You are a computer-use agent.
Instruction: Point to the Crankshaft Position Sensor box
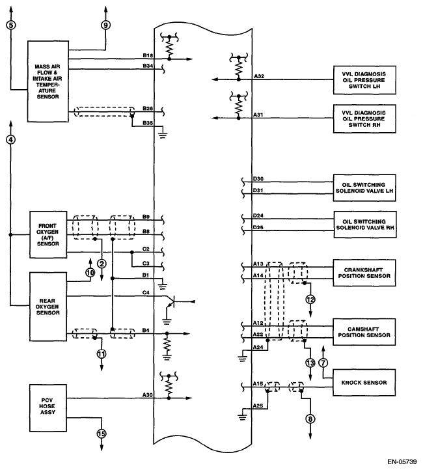point(364,271)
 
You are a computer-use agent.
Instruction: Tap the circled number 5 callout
point(11,25)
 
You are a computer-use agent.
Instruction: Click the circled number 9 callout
point(106,25)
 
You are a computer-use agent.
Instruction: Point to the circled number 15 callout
point(102,432)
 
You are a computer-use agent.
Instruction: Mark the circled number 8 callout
point(310,419)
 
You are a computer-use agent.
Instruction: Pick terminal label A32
point(258,77)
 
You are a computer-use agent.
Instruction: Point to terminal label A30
point(148,395)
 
